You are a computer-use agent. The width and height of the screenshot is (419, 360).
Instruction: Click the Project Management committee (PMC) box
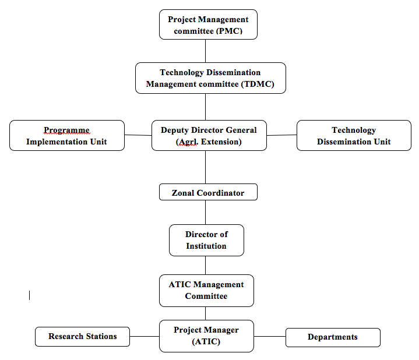(x=208, y=24)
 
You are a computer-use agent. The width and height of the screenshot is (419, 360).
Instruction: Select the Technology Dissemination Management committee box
(x=210, y=78)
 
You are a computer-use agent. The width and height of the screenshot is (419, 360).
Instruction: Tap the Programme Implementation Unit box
(x=67, y=135)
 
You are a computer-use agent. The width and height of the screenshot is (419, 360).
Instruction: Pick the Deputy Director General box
(x=209, y=135)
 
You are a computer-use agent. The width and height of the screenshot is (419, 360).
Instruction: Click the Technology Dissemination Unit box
(x=354, y=135)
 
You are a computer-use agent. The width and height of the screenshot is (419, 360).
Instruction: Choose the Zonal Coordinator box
(x=208, y=192)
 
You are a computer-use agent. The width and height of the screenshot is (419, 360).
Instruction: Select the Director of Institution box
(x=206, y=240)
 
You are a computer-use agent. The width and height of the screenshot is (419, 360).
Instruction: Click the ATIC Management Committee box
(x=206, y=291)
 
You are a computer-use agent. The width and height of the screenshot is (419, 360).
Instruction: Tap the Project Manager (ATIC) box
(x=206, y=336)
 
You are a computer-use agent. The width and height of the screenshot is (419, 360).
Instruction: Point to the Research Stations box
(x=82, y=337)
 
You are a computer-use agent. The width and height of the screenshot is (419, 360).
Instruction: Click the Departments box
(x=333, y=337)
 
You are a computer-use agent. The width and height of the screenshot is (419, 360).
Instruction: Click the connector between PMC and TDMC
(x=205, y=51)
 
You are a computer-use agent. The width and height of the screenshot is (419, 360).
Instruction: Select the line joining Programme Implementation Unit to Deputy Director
(x=138, y=135)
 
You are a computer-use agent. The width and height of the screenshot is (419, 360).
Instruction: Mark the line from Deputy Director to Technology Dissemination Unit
(x=281, y=135)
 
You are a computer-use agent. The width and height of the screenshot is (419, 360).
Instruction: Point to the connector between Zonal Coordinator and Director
(x=205, y=212)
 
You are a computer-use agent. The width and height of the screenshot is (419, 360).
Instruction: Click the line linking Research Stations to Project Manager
(x=145, y=336)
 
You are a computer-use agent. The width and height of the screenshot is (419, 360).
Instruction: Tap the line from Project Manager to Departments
(x=270, y=336)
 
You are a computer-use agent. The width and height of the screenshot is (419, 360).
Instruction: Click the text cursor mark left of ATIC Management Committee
(x=29, y=295)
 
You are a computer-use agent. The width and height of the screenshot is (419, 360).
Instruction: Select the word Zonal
(x=183, y=193)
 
